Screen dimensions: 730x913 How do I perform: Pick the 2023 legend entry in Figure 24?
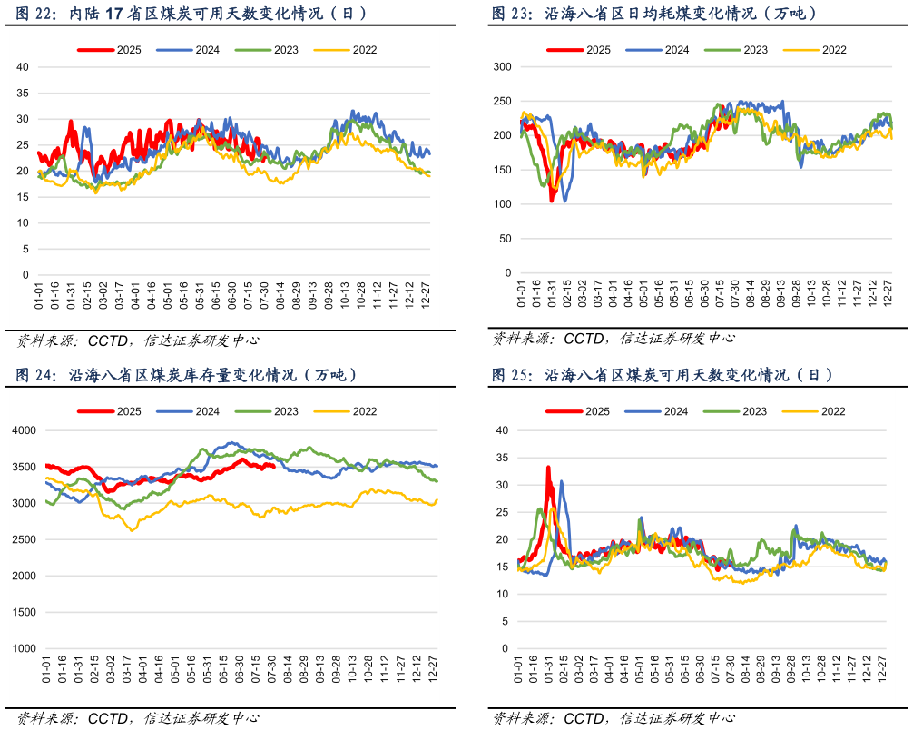(285, 411)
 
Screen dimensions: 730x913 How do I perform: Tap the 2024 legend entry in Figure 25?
(675, 411)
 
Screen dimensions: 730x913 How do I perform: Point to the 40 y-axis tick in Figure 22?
(23, 67)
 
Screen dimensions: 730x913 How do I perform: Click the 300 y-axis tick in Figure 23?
(503, 67)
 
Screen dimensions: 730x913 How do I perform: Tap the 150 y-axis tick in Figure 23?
(503, 170)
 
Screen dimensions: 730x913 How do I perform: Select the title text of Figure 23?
(653, 14)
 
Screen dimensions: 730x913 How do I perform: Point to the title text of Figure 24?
(186, 374)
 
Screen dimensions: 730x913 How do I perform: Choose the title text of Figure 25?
(663, 374)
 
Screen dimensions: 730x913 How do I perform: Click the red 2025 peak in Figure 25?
(548, 468)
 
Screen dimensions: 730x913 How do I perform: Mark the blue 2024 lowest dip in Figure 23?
(565, 201)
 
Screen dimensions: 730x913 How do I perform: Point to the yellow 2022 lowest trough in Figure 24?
(133, 529)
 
